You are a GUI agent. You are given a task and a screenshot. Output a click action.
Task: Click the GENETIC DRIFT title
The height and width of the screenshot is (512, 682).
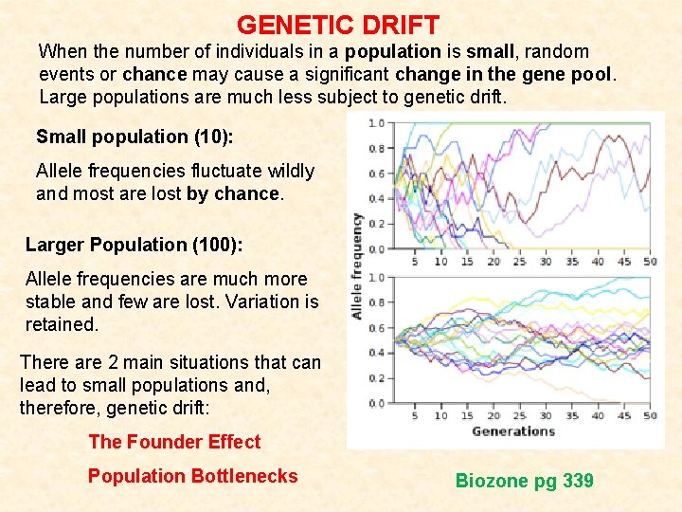tap(337, 25)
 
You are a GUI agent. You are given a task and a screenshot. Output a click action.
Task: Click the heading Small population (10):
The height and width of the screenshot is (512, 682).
tap(135, 137)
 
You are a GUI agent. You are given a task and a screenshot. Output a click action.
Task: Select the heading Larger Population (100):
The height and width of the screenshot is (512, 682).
tap(134, 245)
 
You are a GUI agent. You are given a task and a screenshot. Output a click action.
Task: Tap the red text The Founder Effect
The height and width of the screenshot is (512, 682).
tap(174, 442)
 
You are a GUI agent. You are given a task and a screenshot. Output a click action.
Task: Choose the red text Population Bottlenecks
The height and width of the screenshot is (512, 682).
tap(192, 476)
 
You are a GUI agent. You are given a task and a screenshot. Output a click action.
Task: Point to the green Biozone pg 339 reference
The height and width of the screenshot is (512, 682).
tap(524, 481)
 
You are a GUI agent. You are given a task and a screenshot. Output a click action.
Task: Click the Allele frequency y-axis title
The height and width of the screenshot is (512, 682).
tap(356, 265)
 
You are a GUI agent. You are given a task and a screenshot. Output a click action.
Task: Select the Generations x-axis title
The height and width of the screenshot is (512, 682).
tap(512, 431)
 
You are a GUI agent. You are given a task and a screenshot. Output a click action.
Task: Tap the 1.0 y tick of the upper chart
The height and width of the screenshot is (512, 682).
tap(376, 123)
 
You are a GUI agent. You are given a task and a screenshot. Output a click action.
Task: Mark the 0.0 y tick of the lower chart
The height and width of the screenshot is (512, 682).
tap(376, 403)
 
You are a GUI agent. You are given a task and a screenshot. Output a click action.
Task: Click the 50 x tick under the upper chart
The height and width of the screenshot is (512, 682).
tap(649, 262)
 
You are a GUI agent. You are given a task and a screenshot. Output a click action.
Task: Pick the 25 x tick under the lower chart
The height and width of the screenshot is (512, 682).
tap(519, 415)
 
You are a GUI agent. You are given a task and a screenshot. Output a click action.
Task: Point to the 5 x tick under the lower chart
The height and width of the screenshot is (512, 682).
tap(415, 415)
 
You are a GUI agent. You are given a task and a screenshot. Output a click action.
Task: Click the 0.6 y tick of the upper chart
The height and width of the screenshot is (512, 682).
tap(376, 174)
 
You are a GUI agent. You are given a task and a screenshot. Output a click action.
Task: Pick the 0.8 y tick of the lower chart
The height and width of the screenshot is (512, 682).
tap(376, 302)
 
